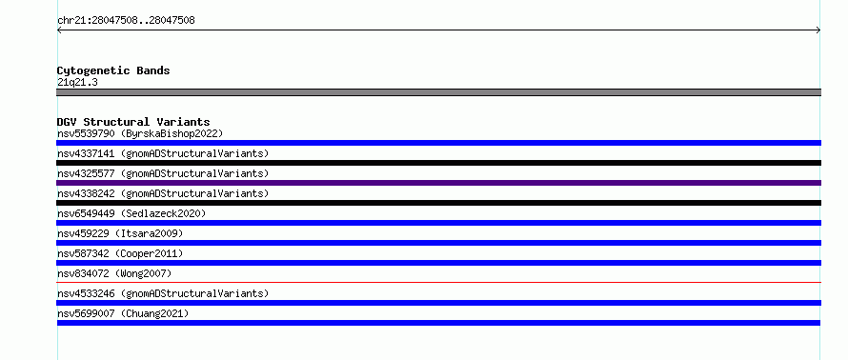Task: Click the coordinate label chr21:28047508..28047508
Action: pos(126,21)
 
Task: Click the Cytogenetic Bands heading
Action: pos(113,70)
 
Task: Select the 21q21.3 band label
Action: pos(77,83)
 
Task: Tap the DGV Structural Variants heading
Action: pos(133,122)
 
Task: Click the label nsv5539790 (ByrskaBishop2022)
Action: pos(140,133)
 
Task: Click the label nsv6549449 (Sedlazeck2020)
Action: pos(131,213)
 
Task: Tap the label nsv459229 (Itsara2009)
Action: pos(120,233)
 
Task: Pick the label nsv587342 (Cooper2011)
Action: pos(120,253)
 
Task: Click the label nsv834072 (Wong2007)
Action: pos(114,273)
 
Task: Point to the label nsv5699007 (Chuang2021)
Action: pos(123,313)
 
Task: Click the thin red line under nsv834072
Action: pos(438,282)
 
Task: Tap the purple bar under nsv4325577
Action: pos(438,183)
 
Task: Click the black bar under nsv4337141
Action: pos(438,163)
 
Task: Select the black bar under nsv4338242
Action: pos(438,203)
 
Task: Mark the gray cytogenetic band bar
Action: pos(438,92)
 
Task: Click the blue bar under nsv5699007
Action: pos(438,323)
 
